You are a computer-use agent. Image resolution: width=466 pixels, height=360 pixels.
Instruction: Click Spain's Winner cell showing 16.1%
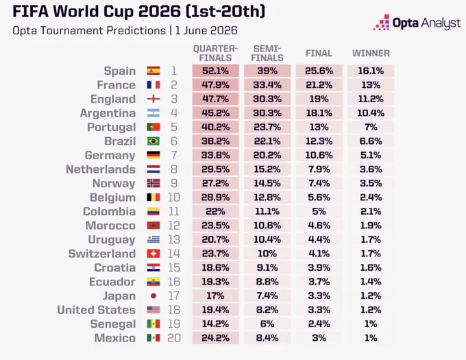coord(371,71)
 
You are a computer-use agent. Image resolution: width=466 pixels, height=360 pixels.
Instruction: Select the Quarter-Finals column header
coord(215,53)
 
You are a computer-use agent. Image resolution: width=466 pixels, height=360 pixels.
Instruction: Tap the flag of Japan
coord(154,296)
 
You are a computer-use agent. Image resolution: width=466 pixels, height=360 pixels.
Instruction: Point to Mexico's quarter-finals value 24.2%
coord(215,338)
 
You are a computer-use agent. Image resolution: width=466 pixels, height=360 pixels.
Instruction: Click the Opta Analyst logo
coord(417,23)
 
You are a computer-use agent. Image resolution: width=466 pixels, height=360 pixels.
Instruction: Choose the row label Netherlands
coord(101,169)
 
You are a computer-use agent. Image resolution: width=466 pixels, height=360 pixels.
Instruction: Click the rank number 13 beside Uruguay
coord(174,239)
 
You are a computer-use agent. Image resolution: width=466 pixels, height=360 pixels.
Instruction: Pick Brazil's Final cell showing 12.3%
coord(319,141)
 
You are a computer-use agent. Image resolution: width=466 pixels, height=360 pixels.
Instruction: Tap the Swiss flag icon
coord(154,254)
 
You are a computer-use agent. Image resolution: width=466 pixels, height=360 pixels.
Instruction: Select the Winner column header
coord(371,53)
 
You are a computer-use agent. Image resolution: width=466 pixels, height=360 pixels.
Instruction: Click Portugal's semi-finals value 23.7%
coord(267,127)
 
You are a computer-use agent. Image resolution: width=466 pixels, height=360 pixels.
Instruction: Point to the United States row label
coord(97,310)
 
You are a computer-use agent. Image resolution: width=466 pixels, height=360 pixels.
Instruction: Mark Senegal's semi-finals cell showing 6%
coord(267,324)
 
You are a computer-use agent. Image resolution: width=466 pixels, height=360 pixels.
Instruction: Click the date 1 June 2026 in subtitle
coord(206,31)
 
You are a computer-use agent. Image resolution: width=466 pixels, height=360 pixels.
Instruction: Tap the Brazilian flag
coord(154,141)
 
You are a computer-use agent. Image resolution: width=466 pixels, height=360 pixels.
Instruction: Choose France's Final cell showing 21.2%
coord(319,85)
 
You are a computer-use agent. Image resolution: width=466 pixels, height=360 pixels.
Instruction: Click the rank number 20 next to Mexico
coord(174,338)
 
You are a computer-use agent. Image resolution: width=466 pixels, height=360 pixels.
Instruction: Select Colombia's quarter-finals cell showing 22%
coord(215,211)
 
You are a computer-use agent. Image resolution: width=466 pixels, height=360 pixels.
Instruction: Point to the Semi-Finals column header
coord(267,53)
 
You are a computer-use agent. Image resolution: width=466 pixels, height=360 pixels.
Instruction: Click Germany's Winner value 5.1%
coord(371,155)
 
